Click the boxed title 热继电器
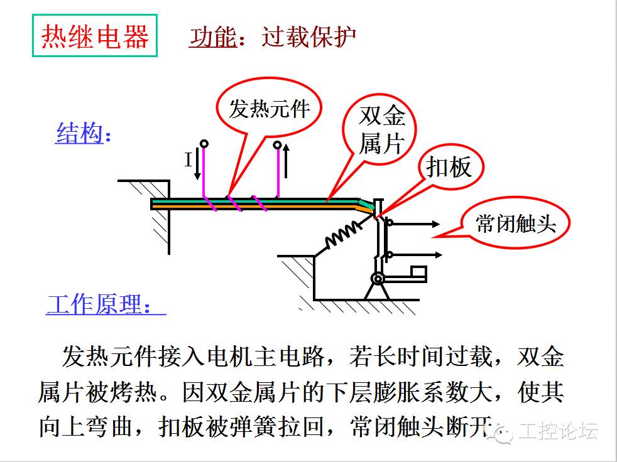click(95, 36)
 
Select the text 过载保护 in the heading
click(309, 37)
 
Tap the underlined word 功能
click(213, 38)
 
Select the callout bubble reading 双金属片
click(379, 130)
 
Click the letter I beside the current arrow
click(188, 160)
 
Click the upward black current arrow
click(286, 161)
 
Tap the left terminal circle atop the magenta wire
click(204, 144)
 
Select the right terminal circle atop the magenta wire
click(278, 145)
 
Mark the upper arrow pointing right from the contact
click(416, 223)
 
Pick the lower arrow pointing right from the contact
click(417, 255)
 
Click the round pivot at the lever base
click(378, 279)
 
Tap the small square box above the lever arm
click(418, 271)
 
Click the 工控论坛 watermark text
click(557, 431)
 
